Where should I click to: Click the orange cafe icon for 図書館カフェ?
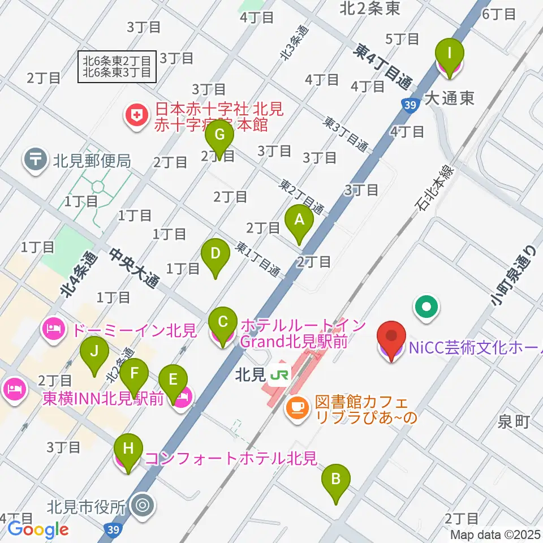pyautogui.click(x=297, y=406)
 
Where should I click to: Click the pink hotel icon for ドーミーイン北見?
pyautogui.click(x=54, y=329)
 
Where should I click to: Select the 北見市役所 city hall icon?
pyautogui.click(x=140, y=505)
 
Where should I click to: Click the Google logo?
pyautogui.click(x=38, y=530)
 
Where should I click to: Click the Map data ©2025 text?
pyautogui.click(x=495, y=535)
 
